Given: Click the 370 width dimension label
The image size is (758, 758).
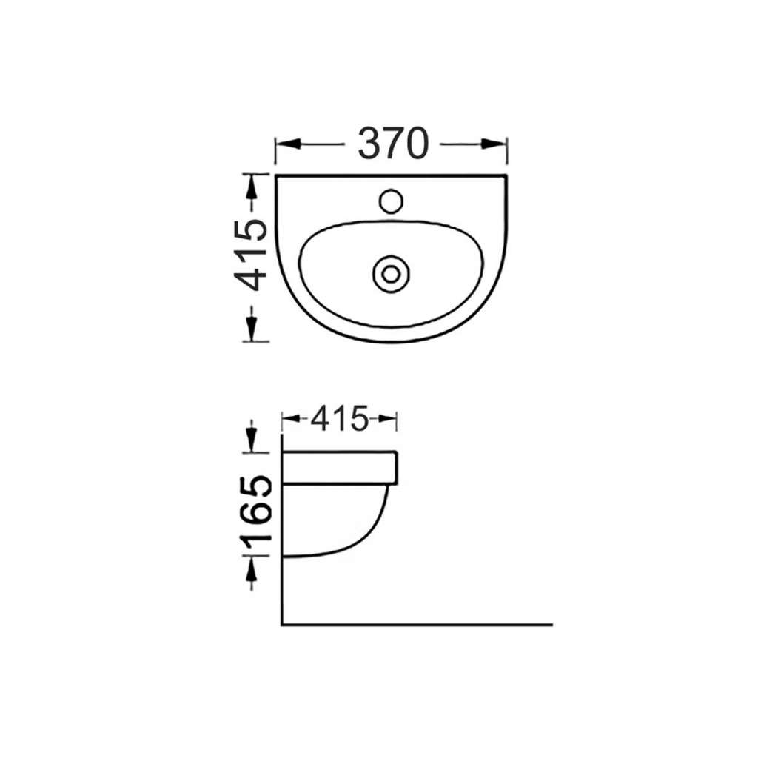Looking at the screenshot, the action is (x=393, y=144).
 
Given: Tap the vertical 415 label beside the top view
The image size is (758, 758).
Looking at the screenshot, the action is (x=250, y=255).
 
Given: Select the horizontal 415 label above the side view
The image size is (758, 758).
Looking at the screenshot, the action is (x=339, y=419).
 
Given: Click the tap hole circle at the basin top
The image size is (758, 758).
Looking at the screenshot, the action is (x=391, y=201).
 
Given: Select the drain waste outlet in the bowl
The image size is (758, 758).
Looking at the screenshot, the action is (x=391, y=274).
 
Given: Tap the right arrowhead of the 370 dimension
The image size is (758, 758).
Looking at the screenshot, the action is (x=494, y=144).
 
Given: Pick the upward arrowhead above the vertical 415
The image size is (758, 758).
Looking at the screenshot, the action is (x=250, y=187).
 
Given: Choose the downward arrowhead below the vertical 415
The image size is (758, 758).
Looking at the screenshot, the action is (x=250, y=329).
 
